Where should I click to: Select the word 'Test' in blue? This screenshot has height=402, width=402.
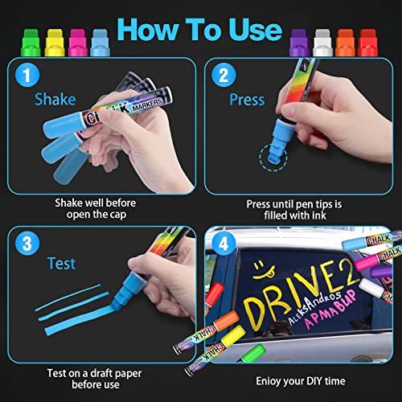[x=60, y=264]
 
